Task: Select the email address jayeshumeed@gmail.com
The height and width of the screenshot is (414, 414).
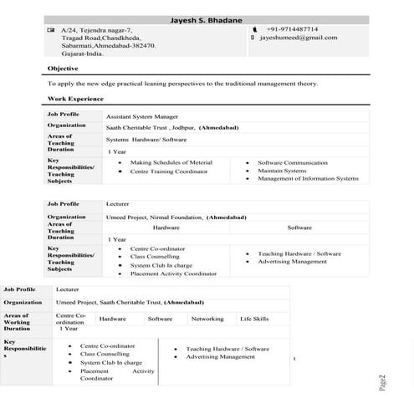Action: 299,38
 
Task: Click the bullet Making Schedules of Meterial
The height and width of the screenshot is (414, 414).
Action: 171,162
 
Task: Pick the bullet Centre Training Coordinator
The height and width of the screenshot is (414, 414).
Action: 168,171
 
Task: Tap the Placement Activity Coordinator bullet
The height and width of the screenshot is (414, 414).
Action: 173,273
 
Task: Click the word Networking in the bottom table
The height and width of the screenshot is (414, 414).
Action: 207,319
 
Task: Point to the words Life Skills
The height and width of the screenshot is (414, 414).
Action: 254,319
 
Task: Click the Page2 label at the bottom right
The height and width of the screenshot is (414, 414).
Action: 382,383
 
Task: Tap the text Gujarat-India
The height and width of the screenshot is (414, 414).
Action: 83,53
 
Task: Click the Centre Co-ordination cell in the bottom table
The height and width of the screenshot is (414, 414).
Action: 69,319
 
